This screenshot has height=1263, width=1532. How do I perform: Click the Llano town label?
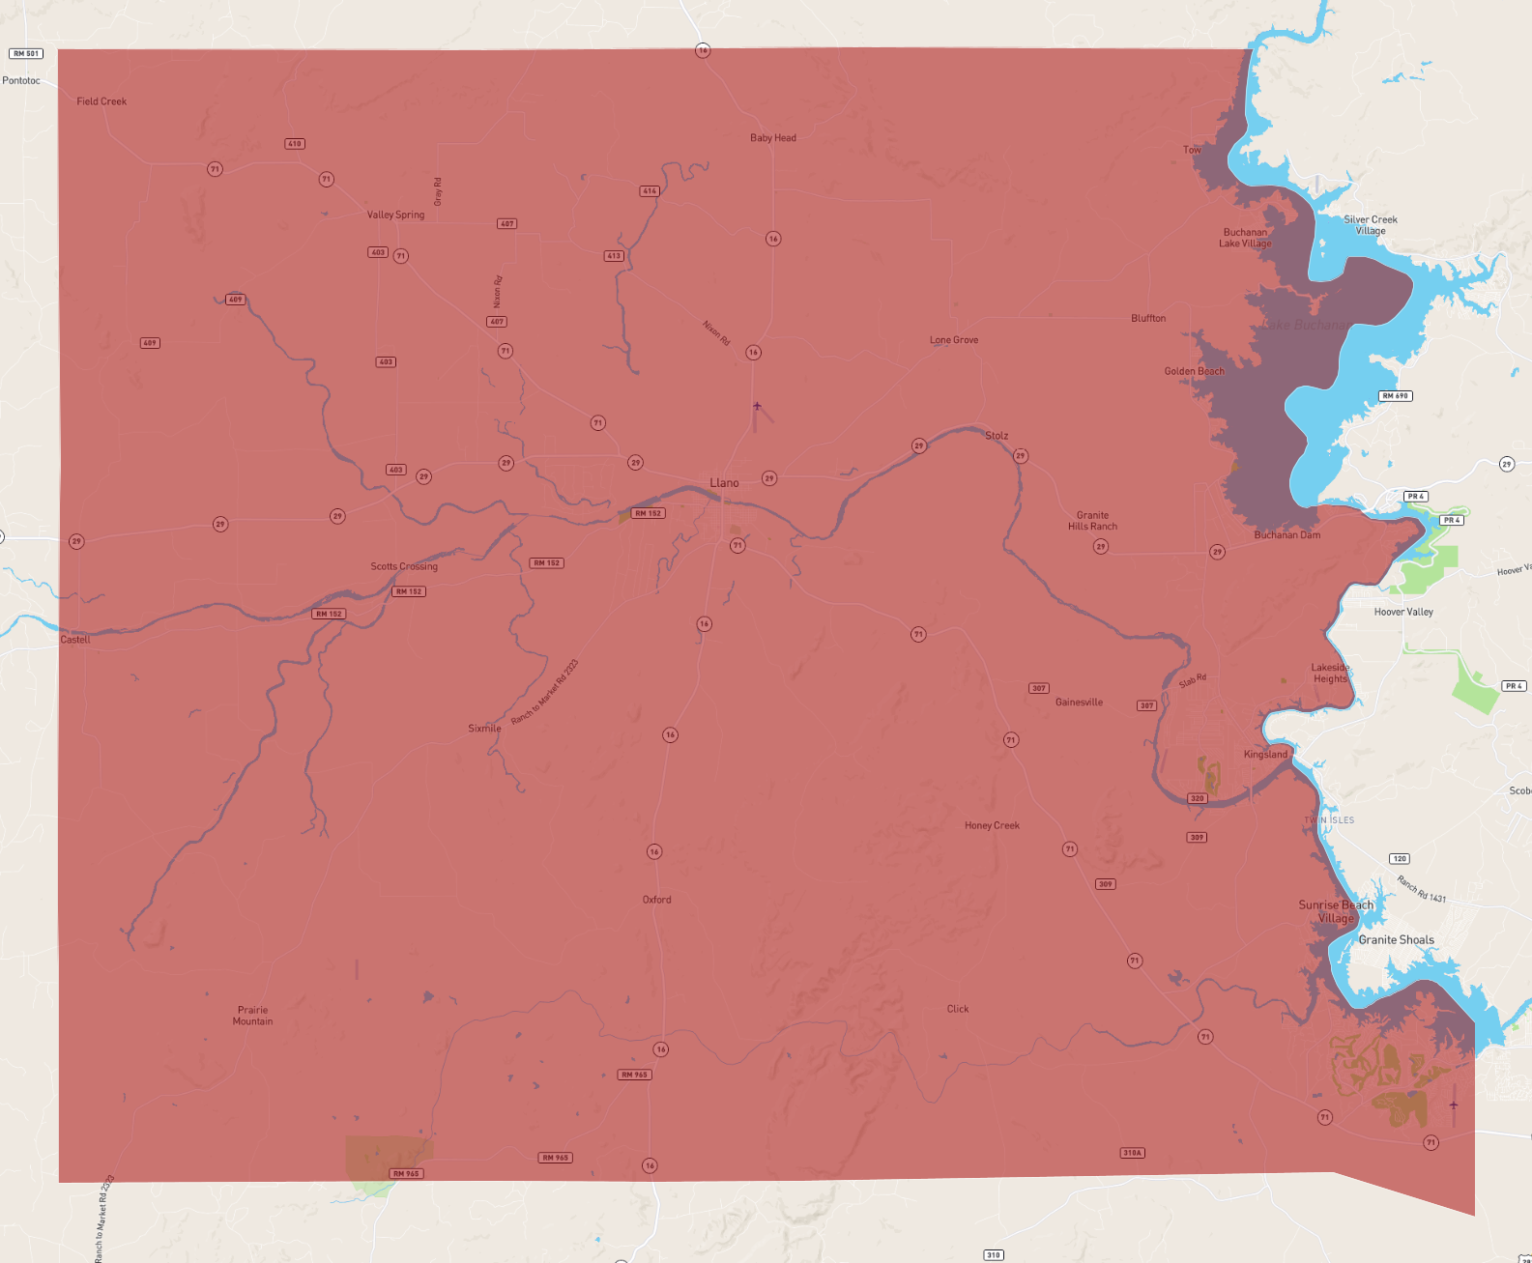[x=724, y=482]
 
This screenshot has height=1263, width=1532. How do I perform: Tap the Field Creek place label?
[x=101, y=101]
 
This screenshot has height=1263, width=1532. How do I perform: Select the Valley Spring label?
[x=395, y=215]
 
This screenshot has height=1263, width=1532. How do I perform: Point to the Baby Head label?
[x=773, y=138]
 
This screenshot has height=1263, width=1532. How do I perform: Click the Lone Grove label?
[x=954, y=340]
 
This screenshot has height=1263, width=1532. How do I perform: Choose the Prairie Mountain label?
[x=252, y=1016]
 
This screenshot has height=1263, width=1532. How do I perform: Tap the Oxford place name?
[x=656, y=900]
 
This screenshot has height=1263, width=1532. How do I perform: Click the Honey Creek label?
[x=992, y=825]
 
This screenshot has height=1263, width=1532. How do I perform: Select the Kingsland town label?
[x=1265, y=754]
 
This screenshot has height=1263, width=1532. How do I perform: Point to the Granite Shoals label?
[x=1396, y=939]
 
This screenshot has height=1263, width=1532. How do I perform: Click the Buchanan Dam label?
[x=1286, y=534]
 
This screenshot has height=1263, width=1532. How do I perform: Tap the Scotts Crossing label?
[x=404, y=566]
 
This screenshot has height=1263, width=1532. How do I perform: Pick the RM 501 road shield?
[x=26, y=54]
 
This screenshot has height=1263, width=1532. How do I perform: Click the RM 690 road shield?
[x=1395, y=396]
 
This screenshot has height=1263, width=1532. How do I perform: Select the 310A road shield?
[x=1132, y=1153]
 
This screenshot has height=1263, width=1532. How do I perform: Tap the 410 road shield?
[x=295, y=144]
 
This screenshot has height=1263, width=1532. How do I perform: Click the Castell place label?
[x=75, y=640]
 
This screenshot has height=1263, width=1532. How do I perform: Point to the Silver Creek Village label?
[x=1370, y=225]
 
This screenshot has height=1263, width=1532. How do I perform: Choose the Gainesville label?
[x=1079, y=703]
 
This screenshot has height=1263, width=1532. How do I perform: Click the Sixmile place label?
[x=484, y=729]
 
